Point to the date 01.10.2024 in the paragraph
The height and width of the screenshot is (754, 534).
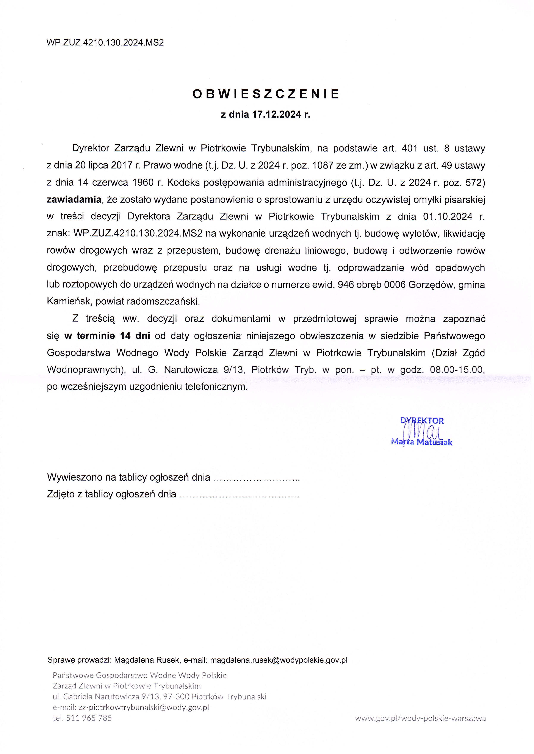click(444, 217)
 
